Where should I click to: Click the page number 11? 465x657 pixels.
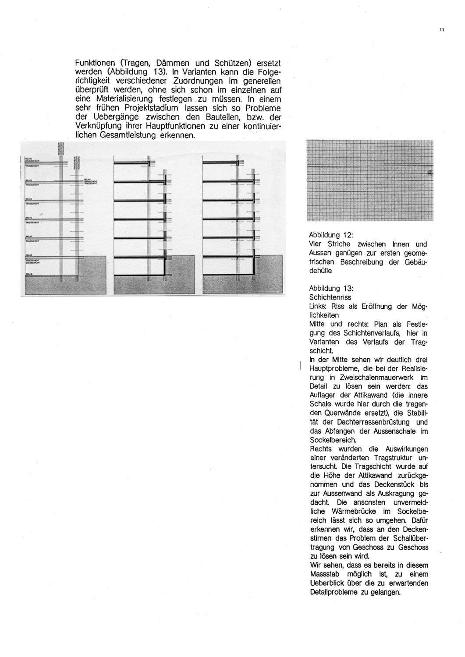(441, 30)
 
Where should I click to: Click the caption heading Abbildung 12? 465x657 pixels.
(331, 235)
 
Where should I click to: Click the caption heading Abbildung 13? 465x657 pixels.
(331, 289)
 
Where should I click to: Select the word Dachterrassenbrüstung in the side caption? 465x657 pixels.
(372, 422)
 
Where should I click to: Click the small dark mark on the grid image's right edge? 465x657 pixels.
(430, 173)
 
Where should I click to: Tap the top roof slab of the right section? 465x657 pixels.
(219, 162)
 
